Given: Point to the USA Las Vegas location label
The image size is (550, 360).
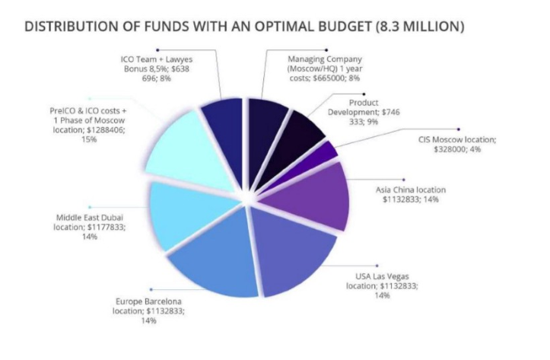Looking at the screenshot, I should click(x=382, y=285).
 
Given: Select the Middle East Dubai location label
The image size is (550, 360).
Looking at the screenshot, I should click(x=91, y=227).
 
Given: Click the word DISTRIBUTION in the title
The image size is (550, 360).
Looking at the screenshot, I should click(x=71, y=26).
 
